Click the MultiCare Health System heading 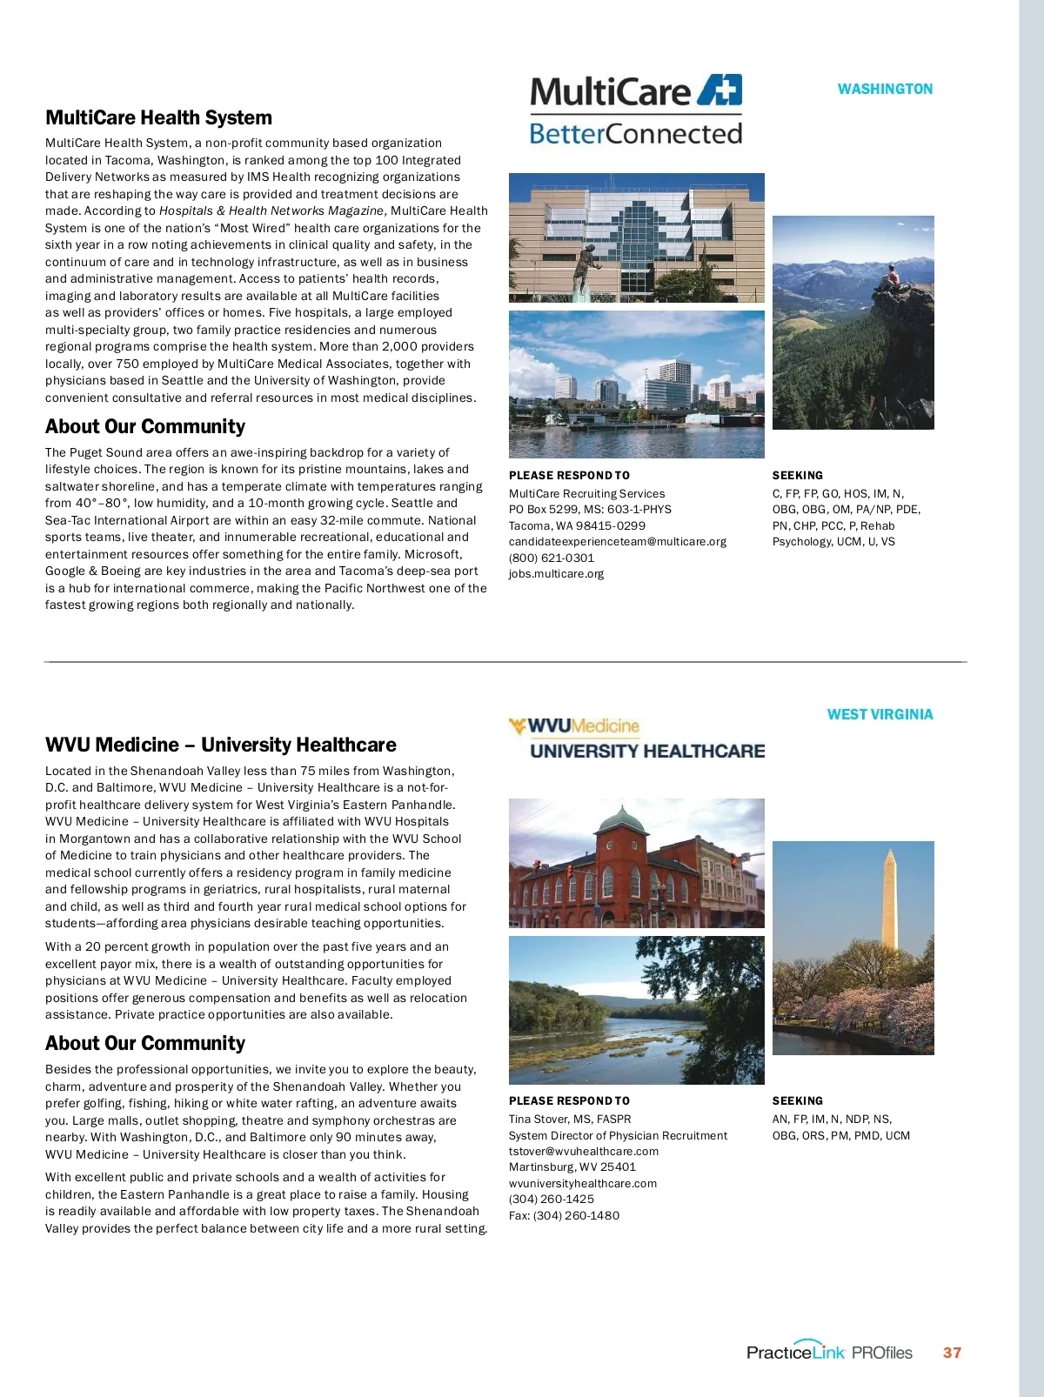[158, 117]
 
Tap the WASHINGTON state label [885, 89]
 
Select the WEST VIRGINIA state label [880, 714]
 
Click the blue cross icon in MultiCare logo [721, 90]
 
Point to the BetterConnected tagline [635, 134]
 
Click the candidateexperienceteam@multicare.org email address [617, 541]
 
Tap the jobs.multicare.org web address [556, 573]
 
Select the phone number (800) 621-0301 [552, 558]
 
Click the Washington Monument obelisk [889, 900]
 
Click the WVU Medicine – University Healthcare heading [220, 745]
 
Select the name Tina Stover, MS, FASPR [570, 1119]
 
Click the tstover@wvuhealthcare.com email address [583, 1151]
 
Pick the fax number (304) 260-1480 [564, 1215]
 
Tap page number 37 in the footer [952, 1353]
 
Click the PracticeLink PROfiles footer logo [829, 1352]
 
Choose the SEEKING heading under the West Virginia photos [797, 1100]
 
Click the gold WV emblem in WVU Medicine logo [518, 725]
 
